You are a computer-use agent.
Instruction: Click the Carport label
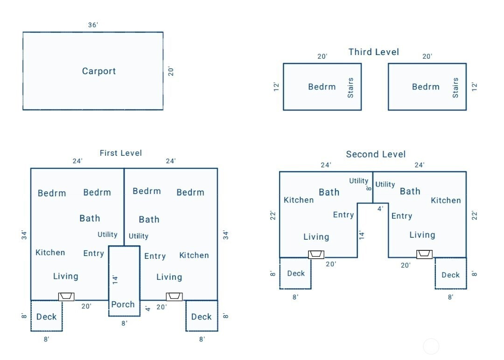[98, 71]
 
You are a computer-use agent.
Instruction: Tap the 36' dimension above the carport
[93, 25]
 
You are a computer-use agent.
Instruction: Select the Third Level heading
[373, 52]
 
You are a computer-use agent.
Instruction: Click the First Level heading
[120, 153]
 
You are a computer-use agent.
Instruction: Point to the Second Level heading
[376, 154]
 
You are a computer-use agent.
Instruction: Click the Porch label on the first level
[123, 305]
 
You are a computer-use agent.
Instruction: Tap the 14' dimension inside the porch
[115, 279]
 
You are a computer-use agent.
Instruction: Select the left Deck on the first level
[46, 317]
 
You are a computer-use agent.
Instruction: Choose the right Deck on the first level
[202, 317]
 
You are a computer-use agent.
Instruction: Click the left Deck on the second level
[296, 274]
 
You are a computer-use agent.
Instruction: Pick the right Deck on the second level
[450, 275]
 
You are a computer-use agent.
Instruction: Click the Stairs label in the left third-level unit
[350, 88]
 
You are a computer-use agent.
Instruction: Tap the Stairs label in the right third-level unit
[455, 88]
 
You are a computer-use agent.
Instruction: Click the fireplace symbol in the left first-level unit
[66, 296]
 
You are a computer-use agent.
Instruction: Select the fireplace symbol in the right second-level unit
[424, 254]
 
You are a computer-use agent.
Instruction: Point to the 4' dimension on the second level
[380, 209]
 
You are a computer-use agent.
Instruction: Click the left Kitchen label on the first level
[50, 252]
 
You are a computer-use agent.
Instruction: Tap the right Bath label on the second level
[410, 191]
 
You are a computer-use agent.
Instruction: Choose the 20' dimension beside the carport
[171, 71]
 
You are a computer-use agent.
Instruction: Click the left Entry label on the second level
[343, 215]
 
